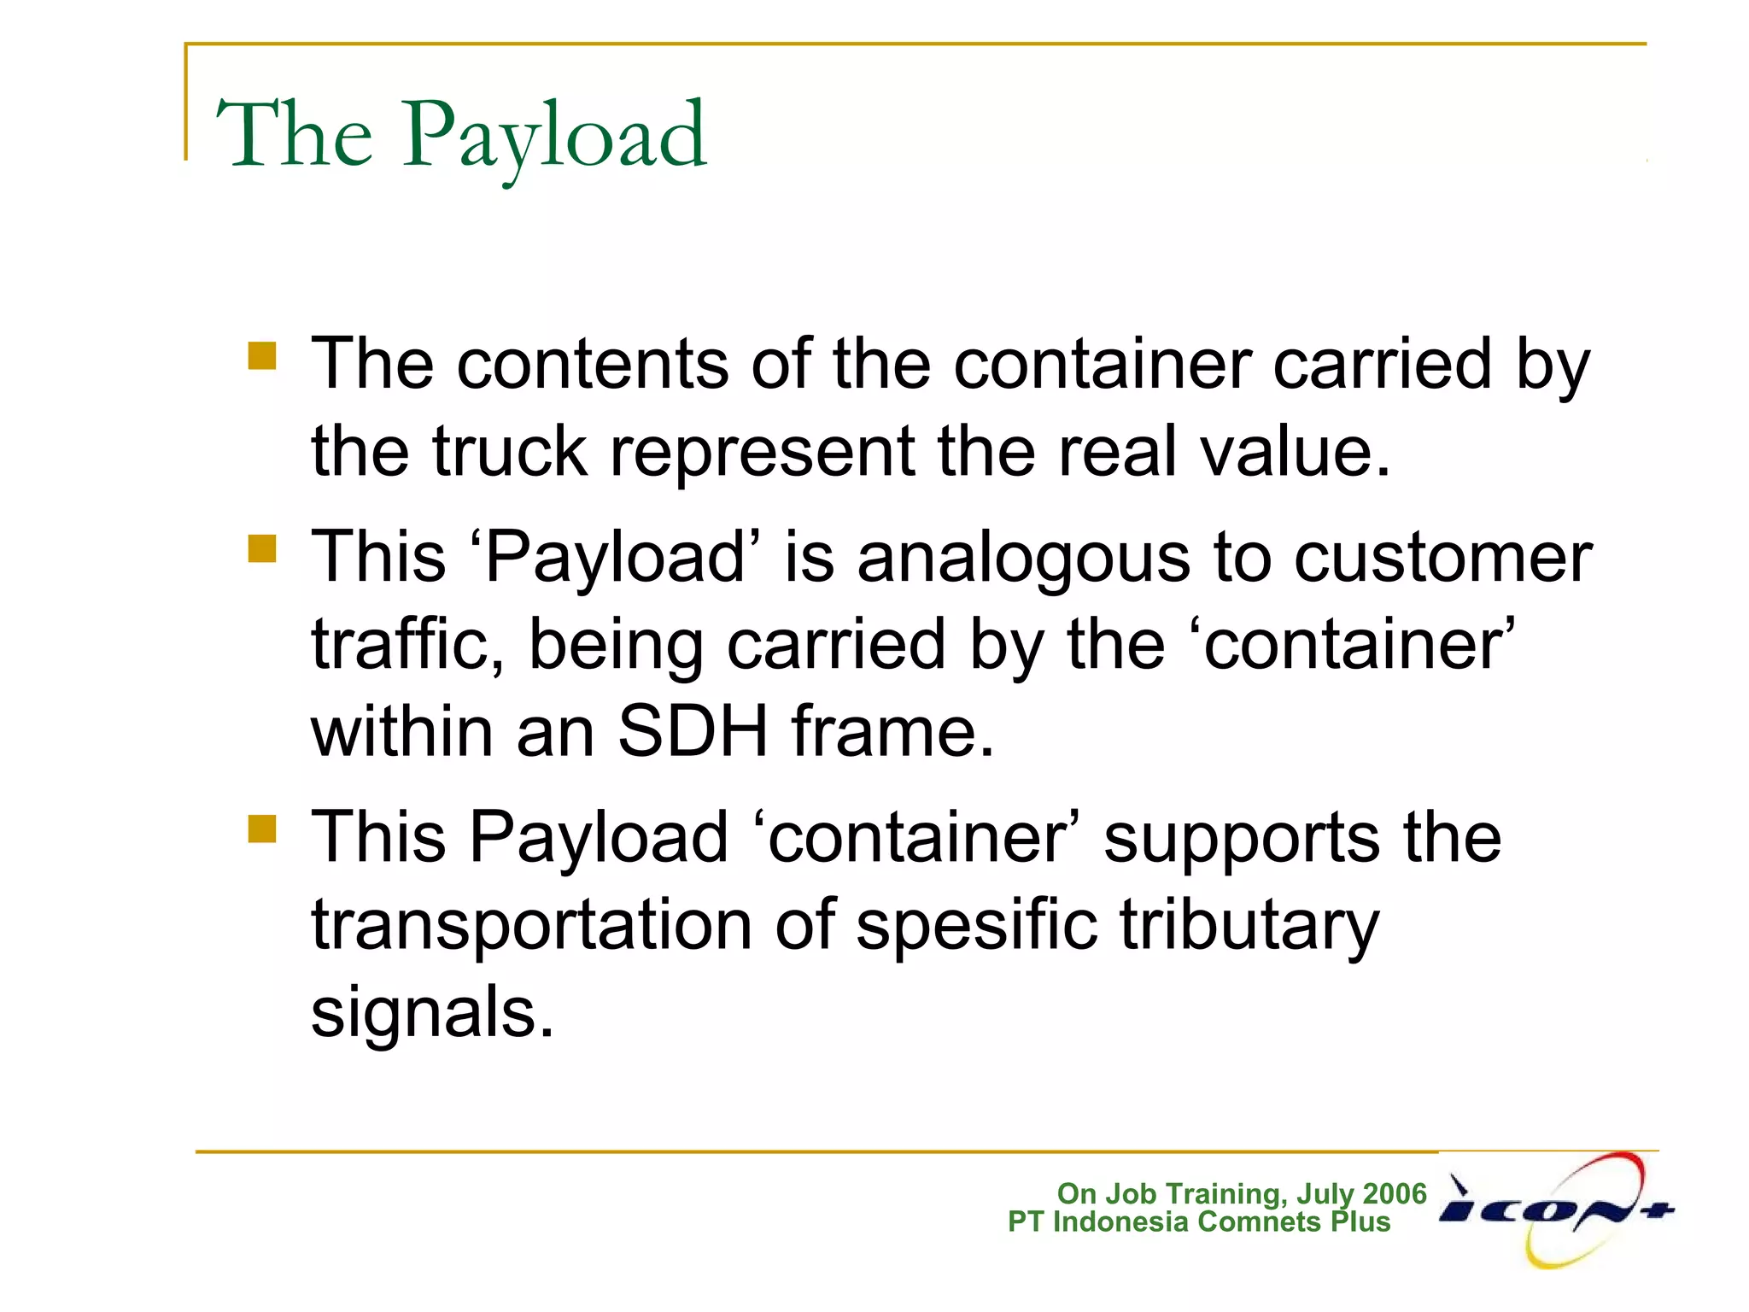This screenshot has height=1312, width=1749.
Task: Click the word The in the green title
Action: (295, 134)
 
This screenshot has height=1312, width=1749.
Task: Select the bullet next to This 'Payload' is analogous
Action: (262, 548)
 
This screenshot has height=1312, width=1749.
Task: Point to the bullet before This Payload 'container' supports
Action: (262, 828)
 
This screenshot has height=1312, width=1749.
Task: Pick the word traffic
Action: (407, 645)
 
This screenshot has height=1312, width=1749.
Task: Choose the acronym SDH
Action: (693, 732)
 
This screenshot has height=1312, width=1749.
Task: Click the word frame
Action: (892, 732)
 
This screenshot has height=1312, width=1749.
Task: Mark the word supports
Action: (1241, 840)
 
